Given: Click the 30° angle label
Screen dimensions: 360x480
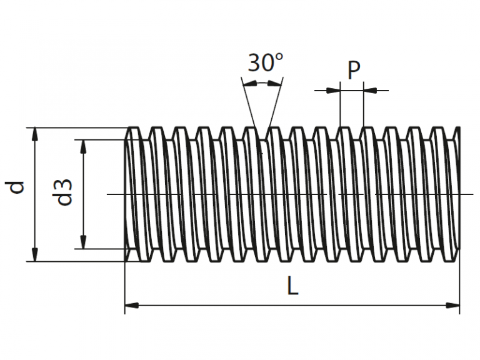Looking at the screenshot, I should (x=266, y=63).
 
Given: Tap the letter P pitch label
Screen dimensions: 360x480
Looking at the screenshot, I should (x=354, y=71).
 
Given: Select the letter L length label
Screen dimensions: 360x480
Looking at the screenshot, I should (x=292, y=286).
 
